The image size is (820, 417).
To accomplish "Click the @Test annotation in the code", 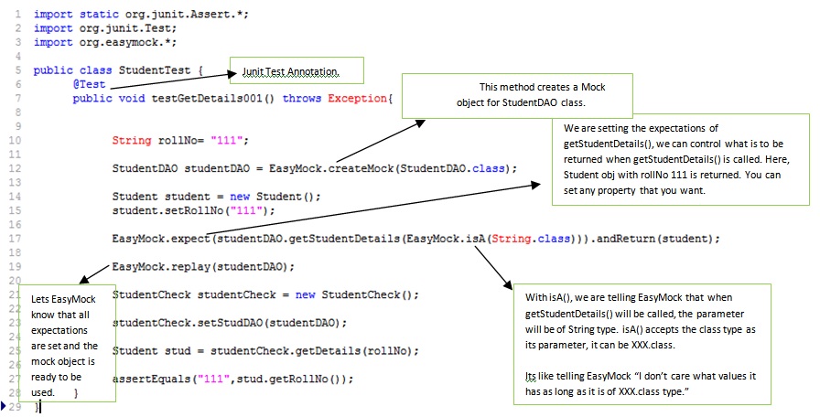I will (90, 84).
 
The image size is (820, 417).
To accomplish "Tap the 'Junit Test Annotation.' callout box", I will (289, 71).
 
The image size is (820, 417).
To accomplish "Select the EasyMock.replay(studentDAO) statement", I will (203, 266).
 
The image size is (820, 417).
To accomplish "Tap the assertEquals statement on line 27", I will (232, 378).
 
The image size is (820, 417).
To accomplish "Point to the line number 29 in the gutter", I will (16, 406).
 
